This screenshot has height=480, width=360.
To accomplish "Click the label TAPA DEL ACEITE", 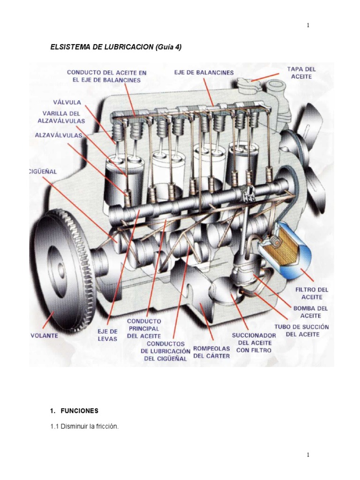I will point(301,72).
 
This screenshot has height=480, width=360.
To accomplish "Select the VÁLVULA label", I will point(67,102).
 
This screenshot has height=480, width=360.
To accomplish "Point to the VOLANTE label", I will point(44,336).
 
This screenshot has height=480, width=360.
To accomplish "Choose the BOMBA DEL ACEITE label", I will point(310,312).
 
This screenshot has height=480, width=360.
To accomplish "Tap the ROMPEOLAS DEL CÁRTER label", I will point(211,352).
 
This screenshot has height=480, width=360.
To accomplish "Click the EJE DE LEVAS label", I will point(107,335).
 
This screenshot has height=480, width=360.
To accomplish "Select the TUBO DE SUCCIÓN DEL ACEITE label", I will point(307,330).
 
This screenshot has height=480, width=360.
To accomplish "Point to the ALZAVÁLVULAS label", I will point(59,135).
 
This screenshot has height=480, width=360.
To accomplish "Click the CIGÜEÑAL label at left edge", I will point(43,172).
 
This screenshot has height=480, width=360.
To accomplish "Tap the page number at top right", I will point(308,25).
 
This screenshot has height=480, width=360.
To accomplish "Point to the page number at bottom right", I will point(308,455).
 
